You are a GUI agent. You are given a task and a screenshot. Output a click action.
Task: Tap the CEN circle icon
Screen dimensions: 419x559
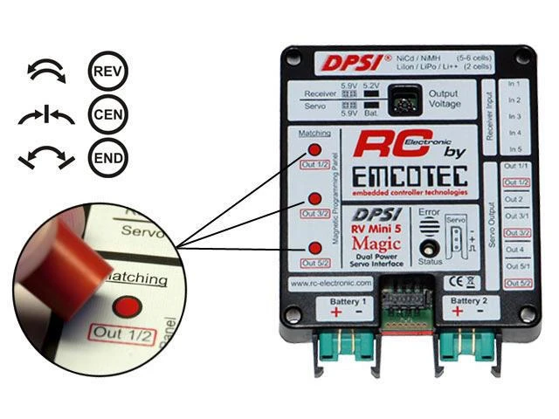click(108, 116)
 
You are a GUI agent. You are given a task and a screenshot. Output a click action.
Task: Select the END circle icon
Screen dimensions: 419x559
click(108, 158)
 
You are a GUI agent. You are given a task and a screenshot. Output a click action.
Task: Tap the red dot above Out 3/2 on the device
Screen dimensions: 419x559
click(314, 198)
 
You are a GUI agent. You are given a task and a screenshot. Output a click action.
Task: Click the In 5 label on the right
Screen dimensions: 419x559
click(514, 149)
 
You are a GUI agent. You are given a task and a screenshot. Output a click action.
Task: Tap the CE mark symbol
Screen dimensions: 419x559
click(460, 281)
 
